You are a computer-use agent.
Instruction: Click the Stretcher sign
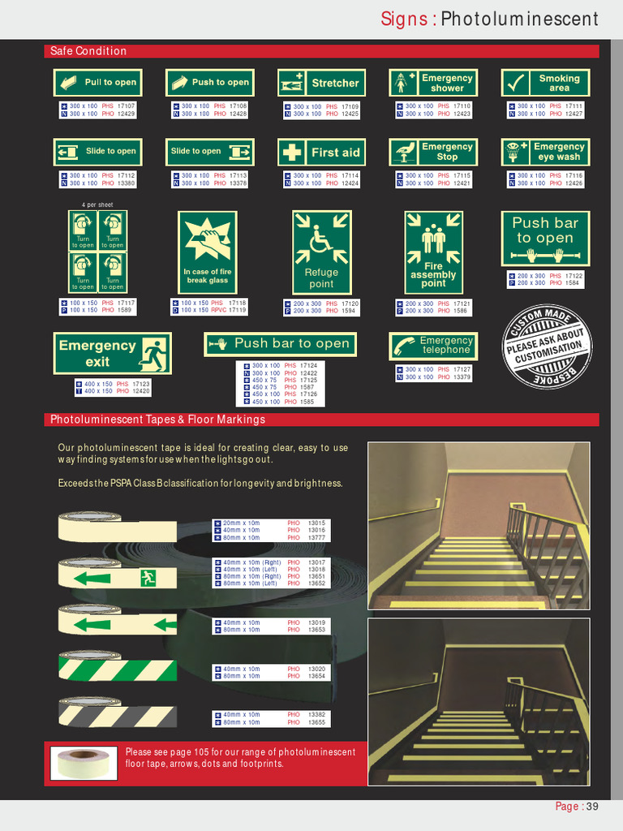321,83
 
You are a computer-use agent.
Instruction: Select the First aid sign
321,153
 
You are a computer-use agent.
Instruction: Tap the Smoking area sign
544,83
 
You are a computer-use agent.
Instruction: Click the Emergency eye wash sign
544,152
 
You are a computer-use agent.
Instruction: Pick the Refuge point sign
321,252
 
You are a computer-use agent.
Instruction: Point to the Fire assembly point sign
433,252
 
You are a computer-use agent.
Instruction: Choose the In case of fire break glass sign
207,252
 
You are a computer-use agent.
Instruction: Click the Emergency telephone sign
433,346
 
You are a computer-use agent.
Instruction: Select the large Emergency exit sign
113,353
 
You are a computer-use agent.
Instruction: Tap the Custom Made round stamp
547,346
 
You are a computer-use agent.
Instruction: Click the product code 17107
127,106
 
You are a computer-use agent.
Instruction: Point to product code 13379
462,377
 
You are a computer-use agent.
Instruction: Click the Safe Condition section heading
88,51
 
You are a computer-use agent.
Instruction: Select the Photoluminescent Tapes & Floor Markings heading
157,420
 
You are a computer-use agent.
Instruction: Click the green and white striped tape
118,669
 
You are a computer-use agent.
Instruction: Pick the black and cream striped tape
118,715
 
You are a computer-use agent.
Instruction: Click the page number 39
592,806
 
